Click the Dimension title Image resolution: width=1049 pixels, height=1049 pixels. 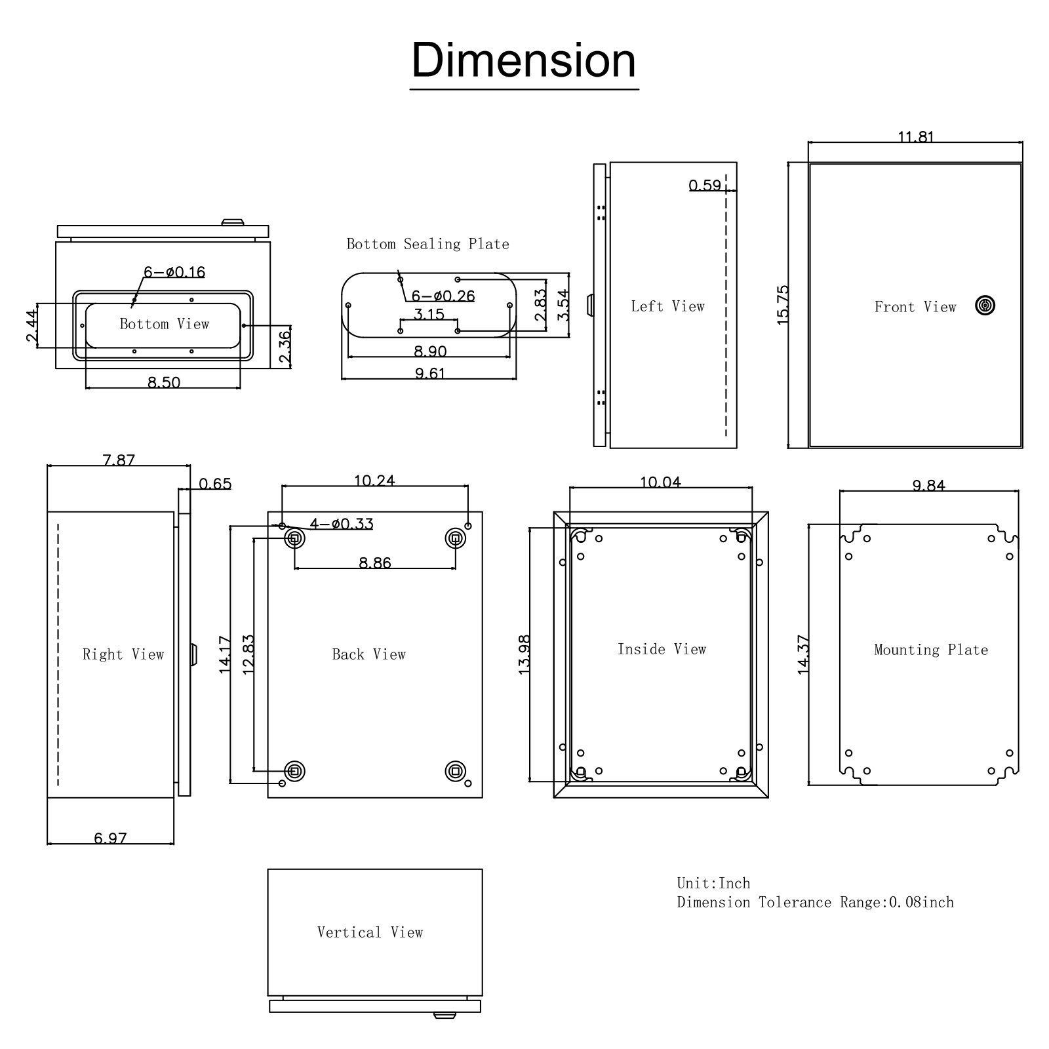(524, 60)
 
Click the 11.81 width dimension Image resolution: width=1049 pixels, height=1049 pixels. (915, 137)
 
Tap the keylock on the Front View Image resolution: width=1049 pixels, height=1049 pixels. (985, 306)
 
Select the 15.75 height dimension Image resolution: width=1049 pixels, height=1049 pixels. (783, 304)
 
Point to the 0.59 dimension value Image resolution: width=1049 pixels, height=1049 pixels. (705, 186)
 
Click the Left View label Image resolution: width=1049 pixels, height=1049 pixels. (667, 306)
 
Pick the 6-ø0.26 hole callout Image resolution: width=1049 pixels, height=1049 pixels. (443, 296)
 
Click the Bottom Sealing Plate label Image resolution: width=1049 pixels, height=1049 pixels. (427, 244)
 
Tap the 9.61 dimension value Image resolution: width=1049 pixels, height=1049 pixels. (429, 374)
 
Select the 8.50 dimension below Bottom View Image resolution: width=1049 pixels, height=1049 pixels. (163, 382)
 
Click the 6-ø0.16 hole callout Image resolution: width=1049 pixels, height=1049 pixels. (174, 271)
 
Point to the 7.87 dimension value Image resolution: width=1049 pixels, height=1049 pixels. (119, 460)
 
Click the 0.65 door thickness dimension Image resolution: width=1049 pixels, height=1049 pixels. (215, 484)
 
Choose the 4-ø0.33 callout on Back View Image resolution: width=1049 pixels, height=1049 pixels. (342, 524)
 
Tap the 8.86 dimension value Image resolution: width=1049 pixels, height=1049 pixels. (375, 563)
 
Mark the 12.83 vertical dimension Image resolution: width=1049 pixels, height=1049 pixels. (248, 654)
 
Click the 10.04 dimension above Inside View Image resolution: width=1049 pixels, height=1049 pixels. (660, 483)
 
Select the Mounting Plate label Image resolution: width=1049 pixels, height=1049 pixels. (930, 650)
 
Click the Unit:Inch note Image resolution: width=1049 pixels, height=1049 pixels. (713, 883)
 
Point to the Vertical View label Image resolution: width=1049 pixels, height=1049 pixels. (370, 932)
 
